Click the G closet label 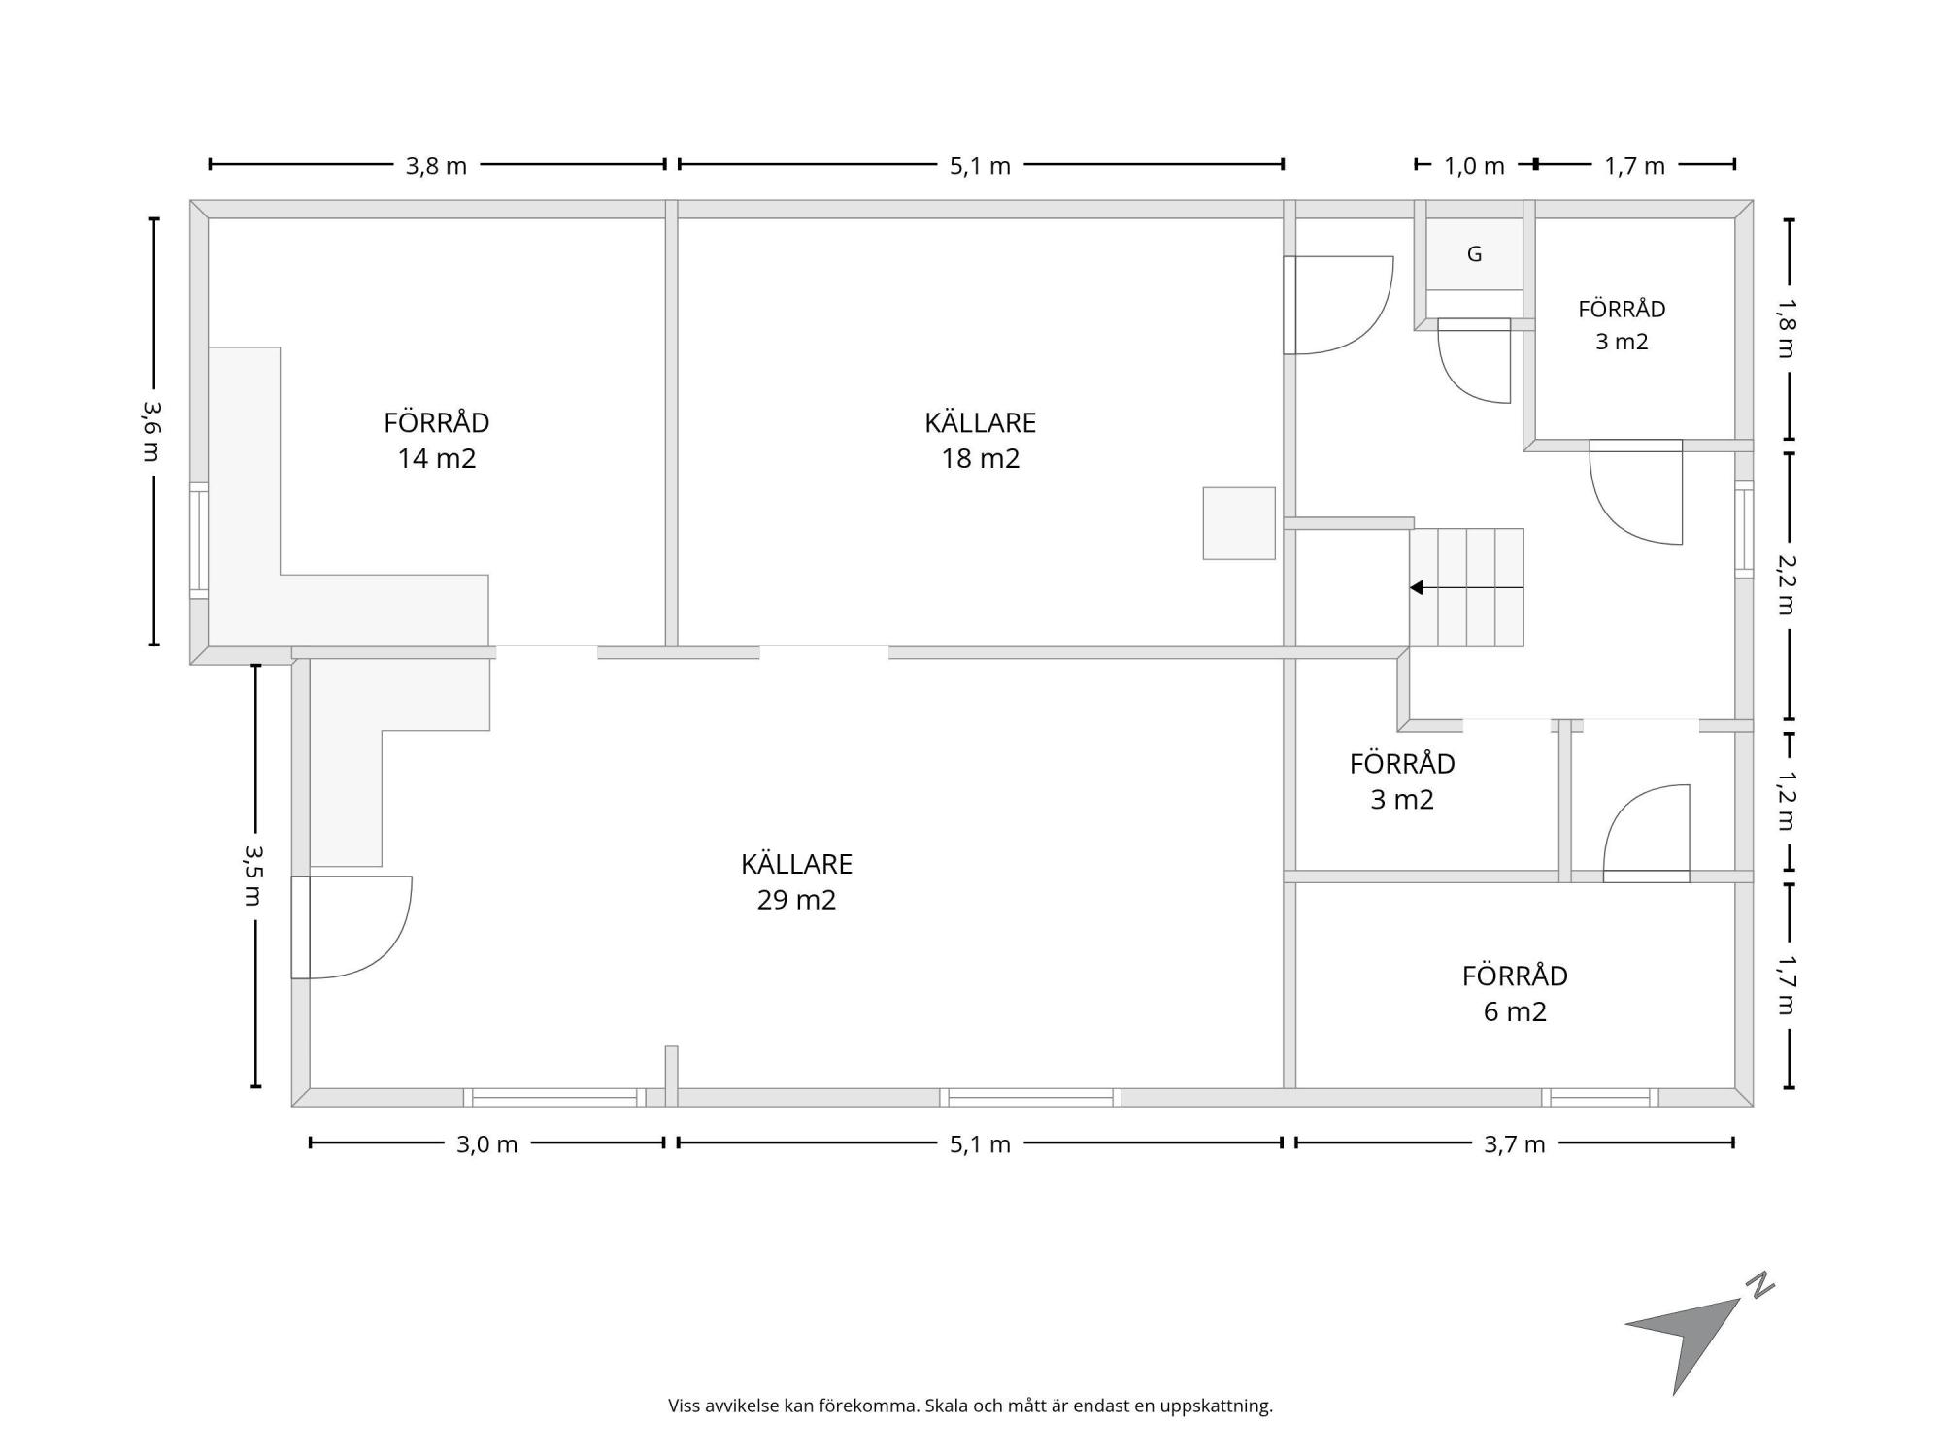click(1474, 254)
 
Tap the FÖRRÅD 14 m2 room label click(437, 440)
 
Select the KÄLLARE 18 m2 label click(981, 440)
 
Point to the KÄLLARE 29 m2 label click(796, 881)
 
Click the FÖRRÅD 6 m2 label click(1515, 993)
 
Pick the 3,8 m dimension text click(436, 166)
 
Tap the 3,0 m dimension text click(487, 1144)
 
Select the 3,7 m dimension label click(1515, 1144)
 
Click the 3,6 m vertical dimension click(151, 431)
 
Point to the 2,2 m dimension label click(1788, 583)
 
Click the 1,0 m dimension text click(1474, 166)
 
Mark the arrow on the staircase click(1466, 587)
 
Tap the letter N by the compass click(1759, 1286)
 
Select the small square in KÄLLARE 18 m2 click(1239, 523)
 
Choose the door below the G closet click(1474, 360)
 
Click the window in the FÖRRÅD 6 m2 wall click(1599, 1098)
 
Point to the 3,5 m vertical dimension click(254, 876)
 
